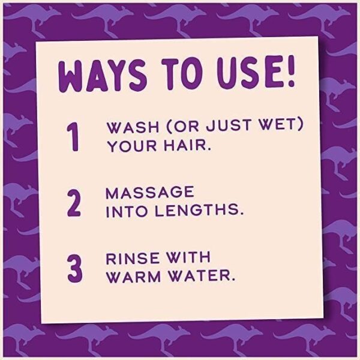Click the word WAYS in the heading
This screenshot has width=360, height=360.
(102, 76)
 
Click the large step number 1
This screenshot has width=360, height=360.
(73, 137)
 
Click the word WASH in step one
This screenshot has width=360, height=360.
(133, 127)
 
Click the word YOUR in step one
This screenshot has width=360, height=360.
(133, 146)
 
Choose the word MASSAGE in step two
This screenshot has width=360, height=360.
(150, 193)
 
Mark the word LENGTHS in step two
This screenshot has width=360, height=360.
(197, 211)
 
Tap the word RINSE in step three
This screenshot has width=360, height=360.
(133, 259)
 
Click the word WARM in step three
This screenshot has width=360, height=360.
(134, 277)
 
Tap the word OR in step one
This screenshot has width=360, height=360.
(186, 126)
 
